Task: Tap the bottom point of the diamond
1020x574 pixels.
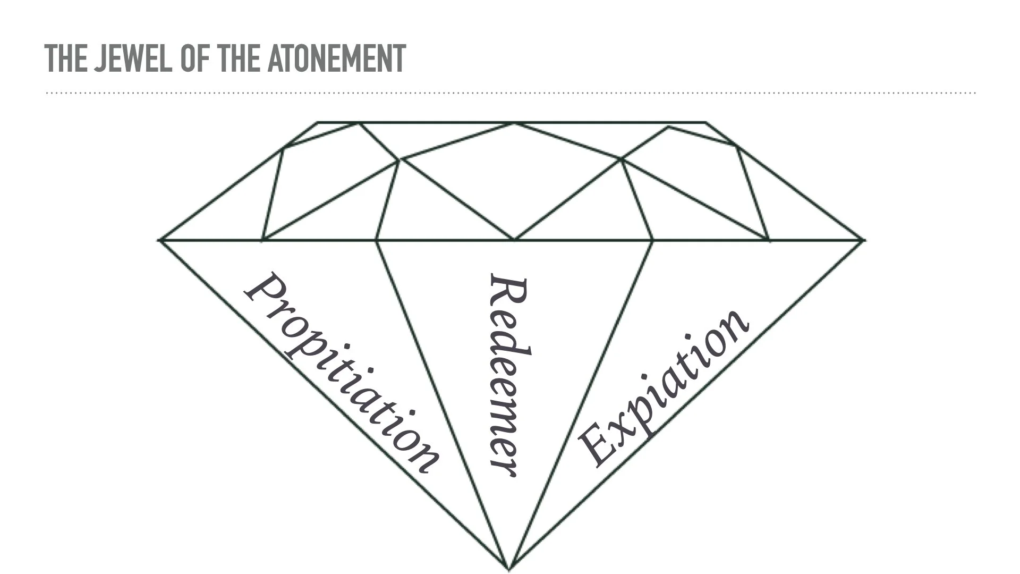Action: pos(509,569)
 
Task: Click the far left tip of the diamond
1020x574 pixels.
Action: pos(159,240)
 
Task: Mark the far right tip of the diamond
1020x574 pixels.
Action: pos(864,240)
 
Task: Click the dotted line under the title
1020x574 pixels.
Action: pos(510,93)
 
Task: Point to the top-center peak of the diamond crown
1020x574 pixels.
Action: pos(514,123)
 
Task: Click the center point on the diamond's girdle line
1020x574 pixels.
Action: pos(514,240)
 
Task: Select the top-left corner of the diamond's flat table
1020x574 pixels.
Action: pos(318,123)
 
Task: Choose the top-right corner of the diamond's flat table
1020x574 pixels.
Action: pos(705,123)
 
